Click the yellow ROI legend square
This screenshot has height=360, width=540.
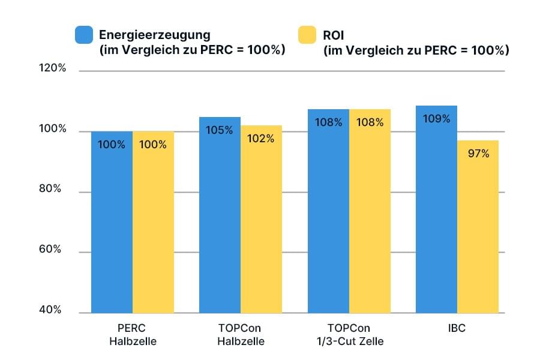(308, 35)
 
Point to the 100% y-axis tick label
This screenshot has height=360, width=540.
(52, 130)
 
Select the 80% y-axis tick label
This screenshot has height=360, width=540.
(52, 189)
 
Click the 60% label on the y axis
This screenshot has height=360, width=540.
(52, 250)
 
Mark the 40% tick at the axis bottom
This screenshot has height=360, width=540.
(52, 310)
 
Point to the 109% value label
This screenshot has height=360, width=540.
(436, 119)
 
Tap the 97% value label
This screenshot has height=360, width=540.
(478, 154)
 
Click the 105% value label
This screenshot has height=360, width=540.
(220, 130)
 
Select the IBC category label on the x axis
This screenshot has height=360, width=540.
(457, 329)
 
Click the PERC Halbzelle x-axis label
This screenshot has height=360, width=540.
(132, 335)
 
